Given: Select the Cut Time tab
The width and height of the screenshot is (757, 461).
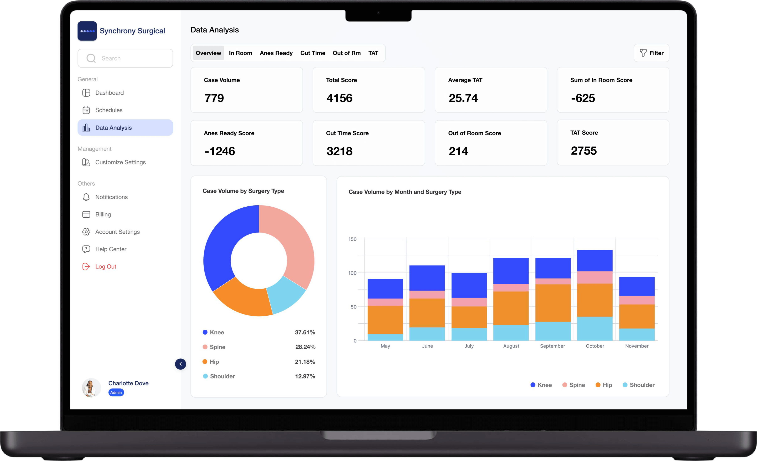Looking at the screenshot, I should pos(313,53).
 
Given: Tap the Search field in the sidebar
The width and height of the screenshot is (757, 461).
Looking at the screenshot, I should pos(125,58).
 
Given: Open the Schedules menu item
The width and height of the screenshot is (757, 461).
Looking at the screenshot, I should pos(108,110).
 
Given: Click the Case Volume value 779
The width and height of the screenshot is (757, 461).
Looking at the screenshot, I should pos(214,98).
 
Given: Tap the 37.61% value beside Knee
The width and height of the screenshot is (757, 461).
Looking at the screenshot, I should pos(305,332).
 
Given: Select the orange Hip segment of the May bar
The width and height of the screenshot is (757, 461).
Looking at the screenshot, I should pos(385,320).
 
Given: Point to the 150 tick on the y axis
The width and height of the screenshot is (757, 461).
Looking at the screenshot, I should pos(352,239).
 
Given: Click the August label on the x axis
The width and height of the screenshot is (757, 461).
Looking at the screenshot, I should pos(511,346).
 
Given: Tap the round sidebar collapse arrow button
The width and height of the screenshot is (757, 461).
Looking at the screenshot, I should pos(180,364).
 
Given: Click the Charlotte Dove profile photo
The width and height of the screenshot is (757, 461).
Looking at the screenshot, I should pos(91,388).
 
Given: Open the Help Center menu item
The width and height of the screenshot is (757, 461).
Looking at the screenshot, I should pos(111,249).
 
